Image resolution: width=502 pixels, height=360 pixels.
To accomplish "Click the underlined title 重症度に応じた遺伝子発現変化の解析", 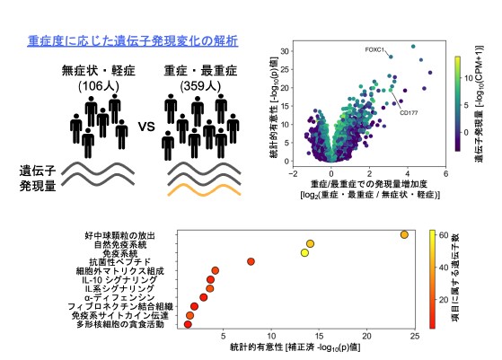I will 132,41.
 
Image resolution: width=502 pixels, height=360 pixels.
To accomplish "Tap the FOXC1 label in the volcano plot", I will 375,48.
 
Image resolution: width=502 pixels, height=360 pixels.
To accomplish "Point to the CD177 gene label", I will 410,113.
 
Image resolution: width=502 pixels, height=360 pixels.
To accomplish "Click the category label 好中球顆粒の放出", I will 128,235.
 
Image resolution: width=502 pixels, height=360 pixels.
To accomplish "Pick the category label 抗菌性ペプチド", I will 133,262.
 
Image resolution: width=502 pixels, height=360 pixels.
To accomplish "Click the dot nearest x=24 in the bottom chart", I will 404,235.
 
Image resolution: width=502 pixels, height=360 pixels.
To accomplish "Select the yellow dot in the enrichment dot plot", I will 304,253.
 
